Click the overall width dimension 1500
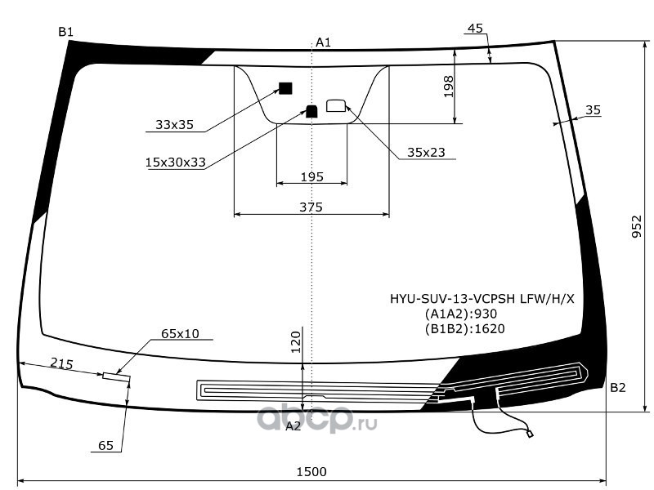(x=311, y=472)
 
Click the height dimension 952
(x=637, y=226)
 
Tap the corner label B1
(x=66, y=32)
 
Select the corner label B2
(x=618, y=387)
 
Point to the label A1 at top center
(x=323, y=42)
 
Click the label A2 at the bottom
(x=293, y=425)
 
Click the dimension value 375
(x=311, y=207)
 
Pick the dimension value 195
(x=312, y=177)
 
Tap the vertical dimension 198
(x=448, y=87)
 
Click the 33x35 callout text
(x=174, y=125)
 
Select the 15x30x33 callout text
(x=176, y=162)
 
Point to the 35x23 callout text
(x=426, y=153)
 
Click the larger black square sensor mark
(x=285, y=88)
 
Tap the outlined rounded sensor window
(x=336, y=105)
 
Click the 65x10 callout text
(x=180, y=334)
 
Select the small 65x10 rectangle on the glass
(x=116, y=377)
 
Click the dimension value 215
(x=62, y=363)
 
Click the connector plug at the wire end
(x=530, y=434)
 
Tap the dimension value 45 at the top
(x=476, y=29)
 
